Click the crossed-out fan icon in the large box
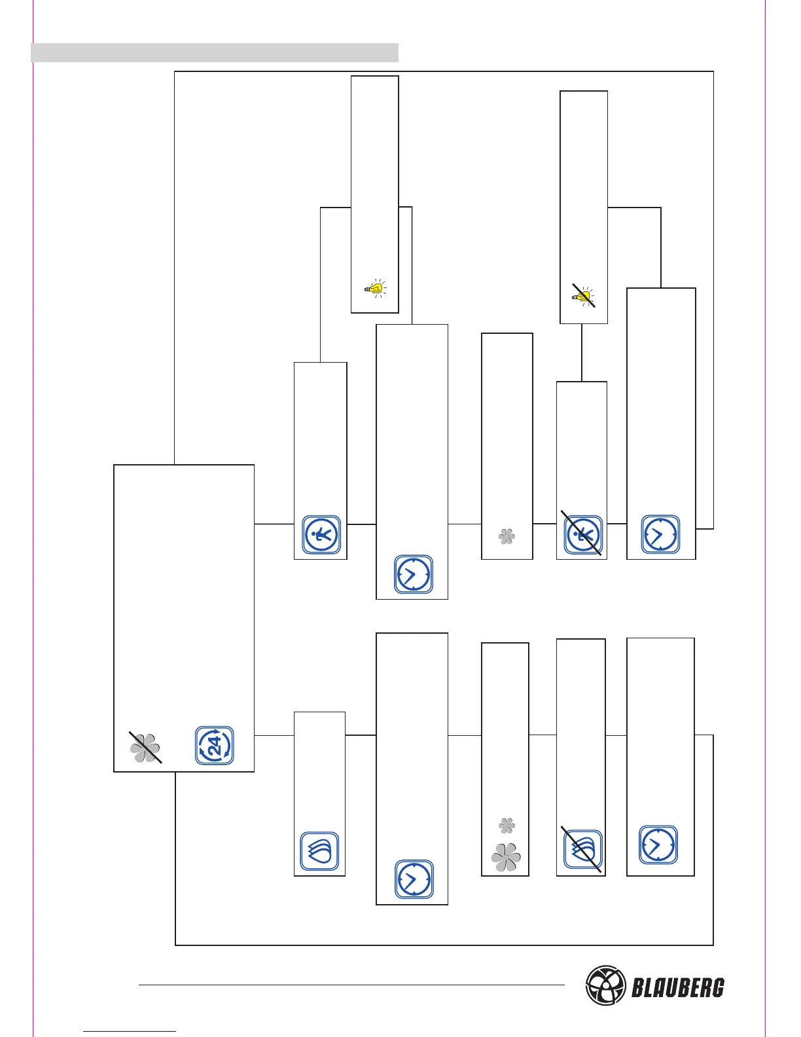[145, 747]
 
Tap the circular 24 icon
[215, 746]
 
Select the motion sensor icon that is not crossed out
[321, 535]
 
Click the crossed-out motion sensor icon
[582, 535]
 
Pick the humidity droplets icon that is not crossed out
[319, 851]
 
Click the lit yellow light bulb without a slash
[375, 288]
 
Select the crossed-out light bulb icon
[583, 297]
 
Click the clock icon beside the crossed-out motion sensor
[660, 534]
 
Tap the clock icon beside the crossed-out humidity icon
[658, 845]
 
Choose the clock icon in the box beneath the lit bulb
[414, 574]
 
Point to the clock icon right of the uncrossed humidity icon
[414, 879]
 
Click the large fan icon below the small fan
[506, 857]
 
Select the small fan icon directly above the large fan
[507, 826]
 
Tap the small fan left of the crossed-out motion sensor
[507, 537]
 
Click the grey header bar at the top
[215, 52]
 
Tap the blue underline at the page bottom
[130, 1031]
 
